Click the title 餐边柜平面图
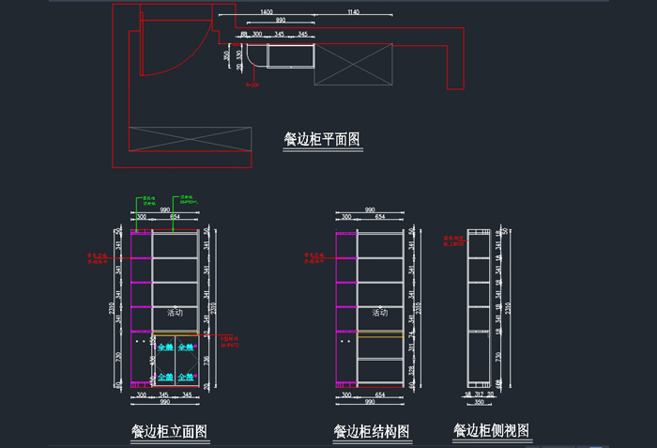pyautogui.click(x=322, y=140)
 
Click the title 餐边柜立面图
pyautogui.click(x=169, y=432)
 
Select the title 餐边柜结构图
pyautogui.click(x=372, y=432)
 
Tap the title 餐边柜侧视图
pyautogui.click(x=491, y=431)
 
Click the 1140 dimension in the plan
pyautogui.click(x=353, y=12)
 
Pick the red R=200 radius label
pyautogui.click(x=252, y=85)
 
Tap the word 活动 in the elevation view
pyautogui.click(x=175, y=313)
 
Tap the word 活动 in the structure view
pyautogui.click(x=380, y=313)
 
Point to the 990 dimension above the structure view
pyautogui.click(x=370, y=210)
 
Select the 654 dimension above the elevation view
pyautogui.click(x=175, y=217)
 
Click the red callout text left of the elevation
pyautogui.click(x=98, y=256)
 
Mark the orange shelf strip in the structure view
pyautogui.click(x=380, y=333)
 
